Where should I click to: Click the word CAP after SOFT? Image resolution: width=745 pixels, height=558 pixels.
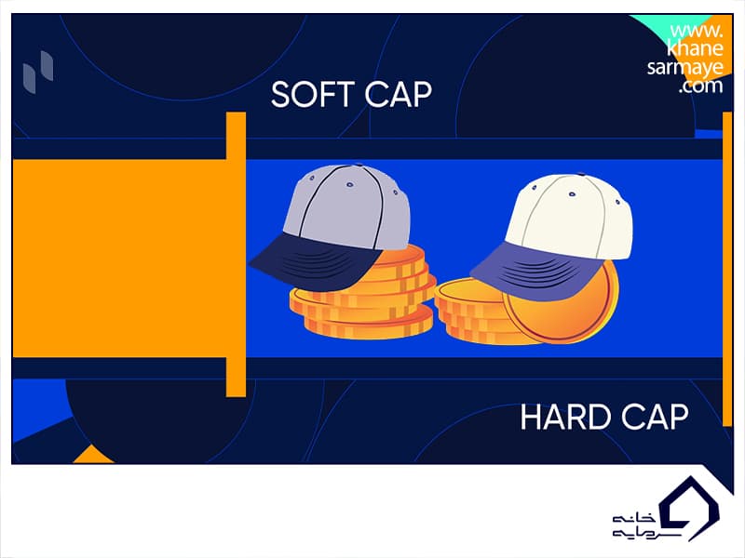point(399,94)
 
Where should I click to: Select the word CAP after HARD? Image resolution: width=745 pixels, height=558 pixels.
point(655,417)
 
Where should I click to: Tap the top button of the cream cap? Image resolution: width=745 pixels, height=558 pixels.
point(580,175)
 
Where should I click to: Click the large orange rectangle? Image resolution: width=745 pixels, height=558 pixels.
point(119,259)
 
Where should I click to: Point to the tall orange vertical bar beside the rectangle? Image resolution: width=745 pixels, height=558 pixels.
point(236,254)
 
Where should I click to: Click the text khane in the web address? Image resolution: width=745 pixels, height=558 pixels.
point(695,48)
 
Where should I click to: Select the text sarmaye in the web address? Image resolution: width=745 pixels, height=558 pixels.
point(685,67)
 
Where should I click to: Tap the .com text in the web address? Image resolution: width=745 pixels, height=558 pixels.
point(700,86)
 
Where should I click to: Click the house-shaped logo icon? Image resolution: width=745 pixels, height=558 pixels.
point(690,509)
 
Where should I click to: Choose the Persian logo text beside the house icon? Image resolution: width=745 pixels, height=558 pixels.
point(634,525)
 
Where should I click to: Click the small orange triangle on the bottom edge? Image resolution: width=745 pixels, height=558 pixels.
point(94,455)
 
